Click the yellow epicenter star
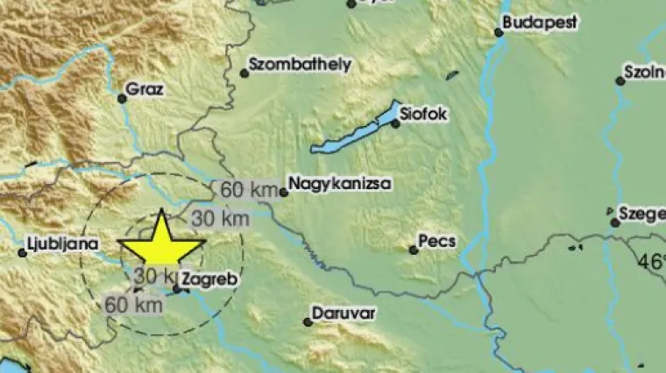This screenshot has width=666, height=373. [x=162, y=243]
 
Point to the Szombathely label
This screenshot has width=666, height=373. [x=300, y=64]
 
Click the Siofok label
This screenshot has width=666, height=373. [x=425, y=112]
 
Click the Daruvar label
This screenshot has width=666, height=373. [x=344, y=312]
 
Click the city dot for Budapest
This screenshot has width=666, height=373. [x=499, y=33]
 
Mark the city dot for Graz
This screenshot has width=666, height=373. [x=123, y=98]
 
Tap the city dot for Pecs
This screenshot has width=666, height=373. [x=414, y=250]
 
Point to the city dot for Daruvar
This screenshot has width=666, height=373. [x=308, y=322]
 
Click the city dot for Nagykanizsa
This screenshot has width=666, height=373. [x=283, y=192]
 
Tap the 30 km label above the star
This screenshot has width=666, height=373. [x=220, y=217]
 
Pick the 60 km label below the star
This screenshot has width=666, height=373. [x=133, y=305]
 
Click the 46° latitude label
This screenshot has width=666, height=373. [x=651, y=261]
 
